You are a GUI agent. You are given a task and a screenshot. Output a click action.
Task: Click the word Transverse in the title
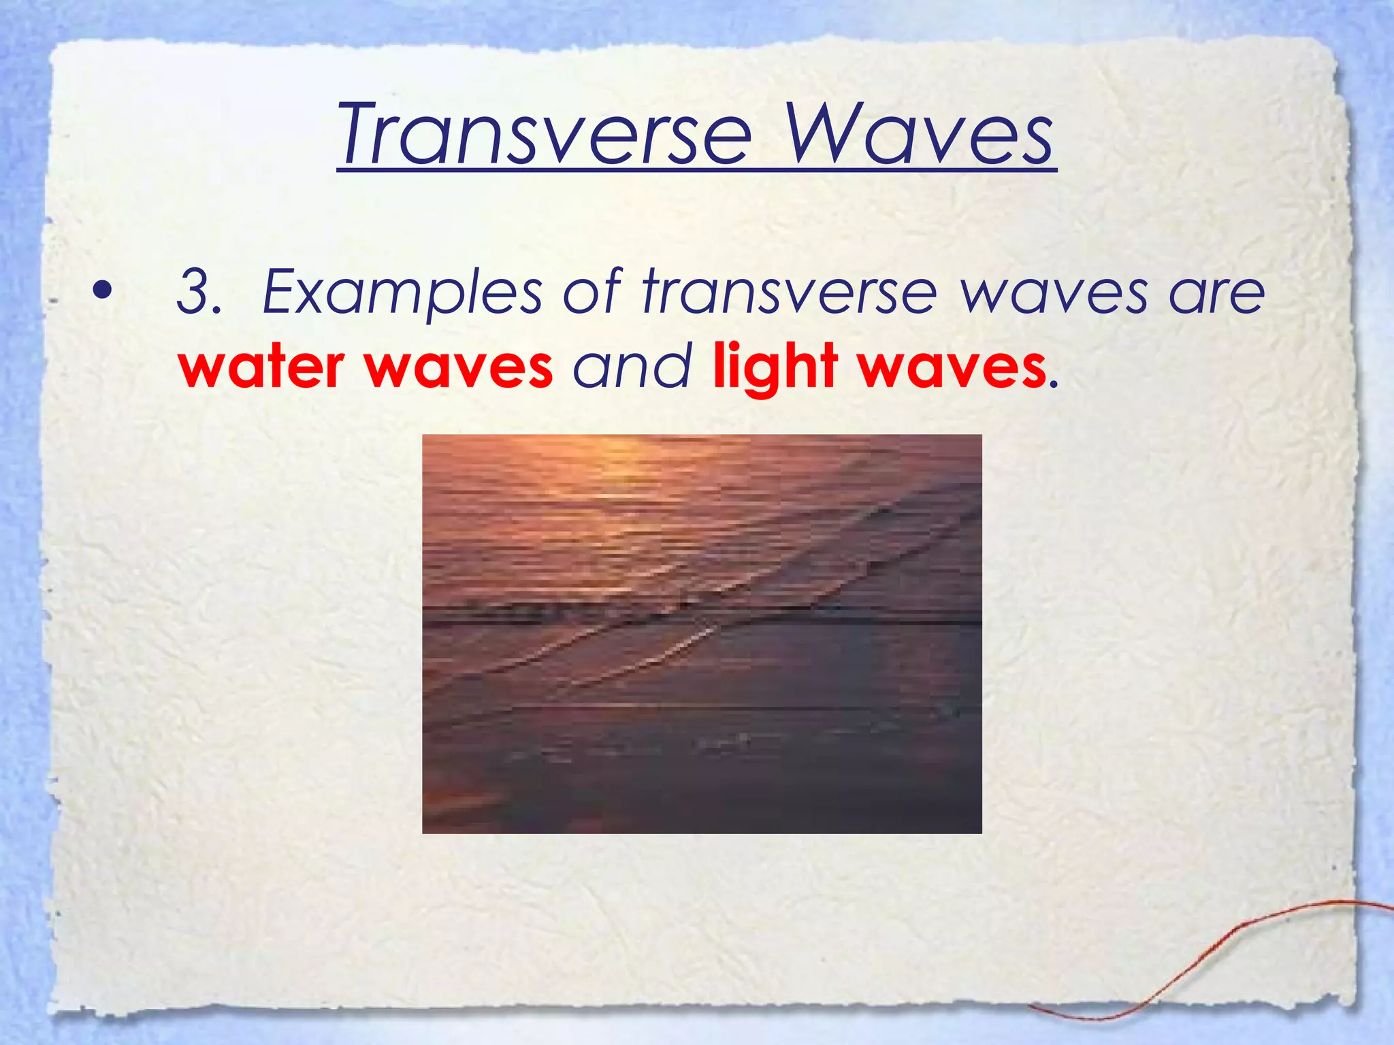click(545, 134)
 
